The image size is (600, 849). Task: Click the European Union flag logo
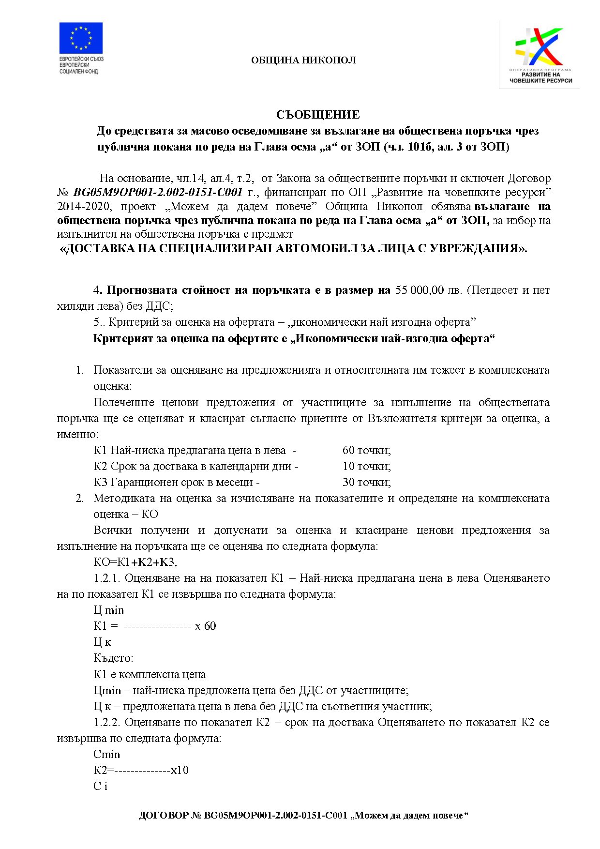click(x=81, y=38)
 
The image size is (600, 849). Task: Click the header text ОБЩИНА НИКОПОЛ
click(x=303, y=61)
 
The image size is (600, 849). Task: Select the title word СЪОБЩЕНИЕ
click(x=318, y=115)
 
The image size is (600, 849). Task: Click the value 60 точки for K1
click(x=366, y=450)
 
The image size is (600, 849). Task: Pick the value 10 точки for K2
click(x=366, y=466)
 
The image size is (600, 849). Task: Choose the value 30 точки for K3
click(x=366, y=482)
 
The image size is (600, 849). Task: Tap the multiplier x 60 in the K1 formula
click(x=205, y=626)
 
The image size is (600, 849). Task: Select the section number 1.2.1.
click(x=106, y=578)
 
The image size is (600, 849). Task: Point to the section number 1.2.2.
click(x=106, y=722)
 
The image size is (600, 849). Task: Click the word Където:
click(x=113, y=658)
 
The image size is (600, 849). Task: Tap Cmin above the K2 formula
click(x=106, y=754)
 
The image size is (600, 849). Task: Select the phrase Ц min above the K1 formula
click(x=108, y=610)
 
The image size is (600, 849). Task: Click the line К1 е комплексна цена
click(x=150, y=674)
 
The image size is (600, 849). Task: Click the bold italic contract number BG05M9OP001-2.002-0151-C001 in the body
click(x=158, y=193)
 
